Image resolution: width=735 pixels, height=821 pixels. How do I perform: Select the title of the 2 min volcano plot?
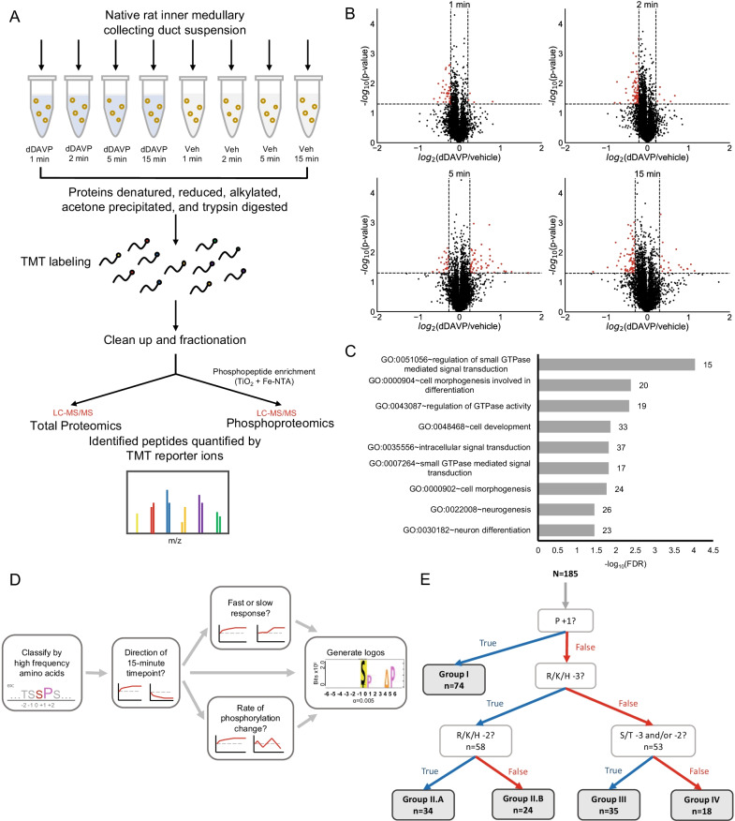click(649, 8)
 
